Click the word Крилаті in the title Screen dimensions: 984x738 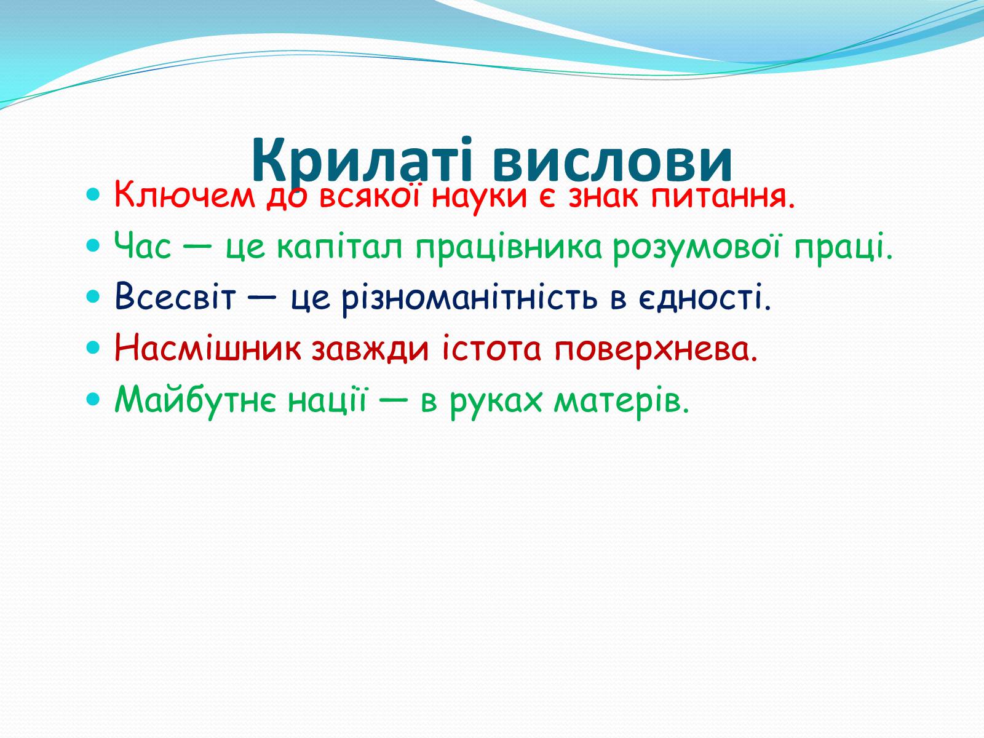362,161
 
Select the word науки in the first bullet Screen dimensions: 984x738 479,199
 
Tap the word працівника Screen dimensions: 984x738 508,248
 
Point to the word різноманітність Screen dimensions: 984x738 470,298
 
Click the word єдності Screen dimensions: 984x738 704,298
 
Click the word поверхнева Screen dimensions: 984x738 656,349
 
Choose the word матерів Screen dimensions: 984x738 621,400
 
